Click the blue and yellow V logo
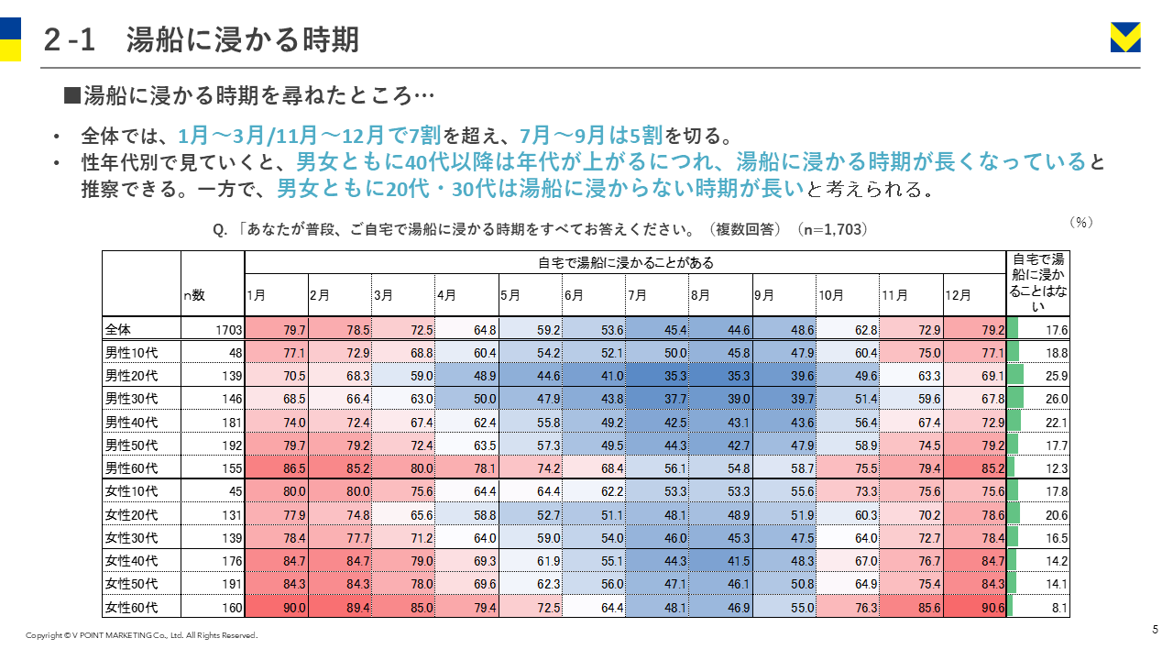tap(1125, 38)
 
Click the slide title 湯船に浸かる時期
tap(243, 39)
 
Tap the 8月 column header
tap(700, 295)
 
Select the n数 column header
tap(194, 295)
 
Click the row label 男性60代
tap(131, 468)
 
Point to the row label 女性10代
tap(131, 491)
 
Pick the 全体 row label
tap(118, 329)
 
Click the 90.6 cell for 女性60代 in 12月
tap(974, 607)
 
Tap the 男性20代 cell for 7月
tap(657, 376)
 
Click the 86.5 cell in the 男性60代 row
tap(277, 467)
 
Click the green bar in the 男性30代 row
tap(1015, 398)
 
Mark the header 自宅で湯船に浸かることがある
tap(626, 262)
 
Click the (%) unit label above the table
tap(1081, 222)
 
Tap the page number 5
tap(1155, 629)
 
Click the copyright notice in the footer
tap(141, 635)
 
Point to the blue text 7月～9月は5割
tap(591, 136)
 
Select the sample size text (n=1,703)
tap(833, 229)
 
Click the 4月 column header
tap(446, 295)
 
